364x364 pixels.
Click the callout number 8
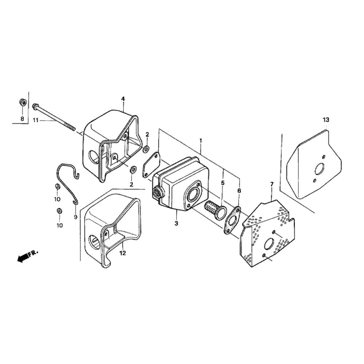click(x=22, y=119)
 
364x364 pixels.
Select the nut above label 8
click(x=23, y=102)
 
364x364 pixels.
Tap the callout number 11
click(x=35, y=120)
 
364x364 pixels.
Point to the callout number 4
click(x=123, y=99)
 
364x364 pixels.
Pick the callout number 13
click(x=326, y=120)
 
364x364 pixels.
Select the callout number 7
click(x=272, y=184)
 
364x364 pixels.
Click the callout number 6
click(x=239, y=191)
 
